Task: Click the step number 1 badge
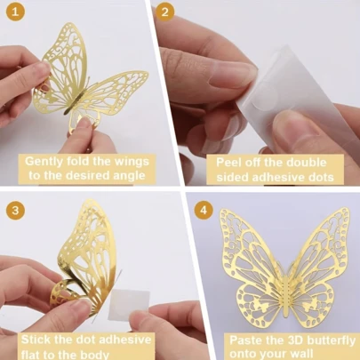[15, 12]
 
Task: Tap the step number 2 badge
[165, 12]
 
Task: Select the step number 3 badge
[15, 210]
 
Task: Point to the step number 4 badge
[204, 210]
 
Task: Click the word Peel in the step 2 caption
[228, 163]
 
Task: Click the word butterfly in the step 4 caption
[331, 340]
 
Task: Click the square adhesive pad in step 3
[130, 304]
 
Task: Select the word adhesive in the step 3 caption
[124, 340]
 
